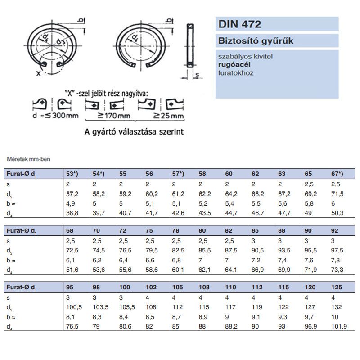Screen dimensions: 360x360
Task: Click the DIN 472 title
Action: pos(240,24)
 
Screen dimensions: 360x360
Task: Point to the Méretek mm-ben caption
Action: pos(22,158)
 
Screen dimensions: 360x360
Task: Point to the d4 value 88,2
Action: pos(230,326)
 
